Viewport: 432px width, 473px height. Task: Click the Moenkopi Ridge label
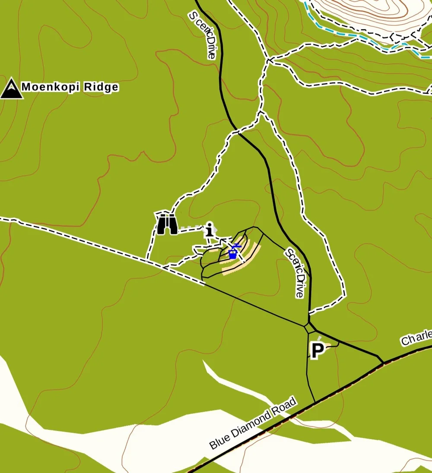click(70, 87)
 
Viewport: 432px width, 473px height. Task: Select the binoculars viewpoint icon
click(167, 224)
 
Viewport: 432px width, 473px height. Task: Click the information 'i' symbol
click(210, 229)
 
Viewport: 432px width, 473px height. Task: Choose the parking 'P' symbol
click(318, 350)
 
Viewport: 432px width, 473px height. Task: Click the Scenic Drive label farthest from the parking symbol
click(202, 35)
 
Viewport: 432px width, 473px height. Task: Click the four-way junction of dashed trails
click(268, 60)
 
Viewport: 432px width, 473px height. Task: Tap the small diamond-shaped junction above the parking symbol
click(308, 328)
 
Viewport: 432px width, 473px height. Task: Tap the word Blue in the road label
click(220, 441)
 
